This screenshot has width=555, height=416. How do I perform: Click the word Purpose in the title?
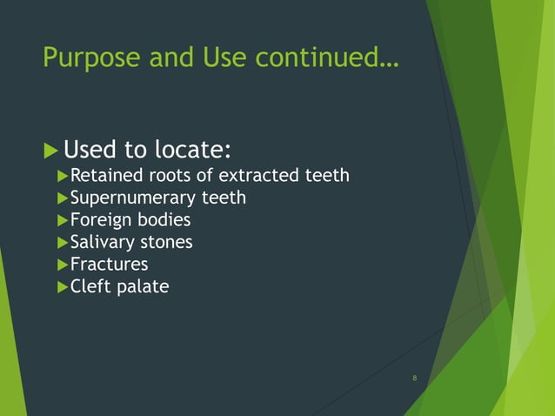pos(92,58)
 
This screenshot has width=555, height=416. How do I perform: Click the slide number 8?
pos(415,378)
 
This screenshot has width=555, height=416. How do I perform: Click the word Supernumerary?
pos(127,198)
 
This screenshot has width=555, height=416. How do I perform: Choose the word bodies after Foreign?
pos(162,220)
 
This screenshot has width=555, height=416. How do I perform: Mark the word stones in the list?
pos(165,242)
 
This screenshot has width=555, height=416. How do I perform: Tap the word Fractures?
pos(109,264)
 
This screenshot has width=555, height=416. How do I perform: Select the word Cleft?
pos(89,285)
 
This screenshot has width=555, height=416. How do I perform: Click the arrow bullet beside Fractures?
pos(62,264)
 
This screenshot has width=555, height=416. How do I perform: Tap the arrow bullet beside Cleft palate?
pos(62,285)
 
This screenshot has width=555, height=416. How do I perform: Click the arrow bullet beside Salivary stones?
pos(62,242)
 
